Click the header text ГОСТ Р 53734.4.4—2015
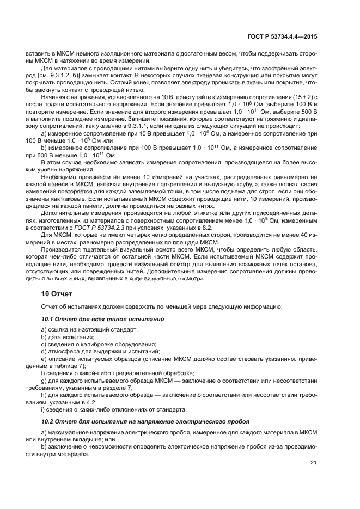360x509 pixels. click(x=284, y=37)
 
